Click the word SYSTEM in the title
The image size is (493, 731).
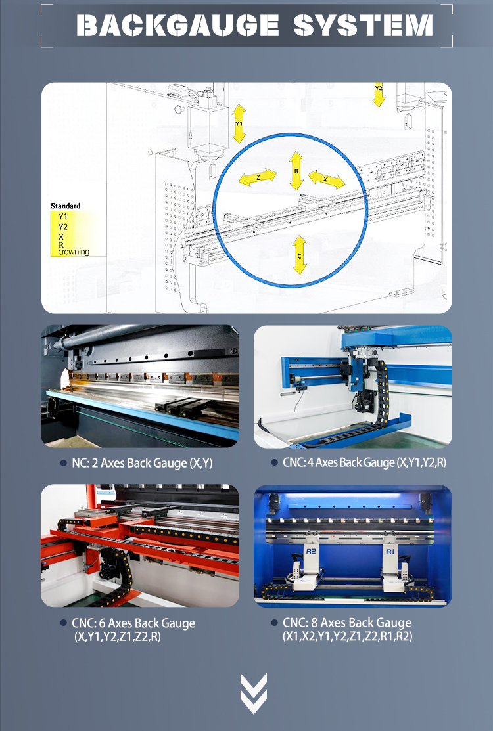click(x=363, y=26)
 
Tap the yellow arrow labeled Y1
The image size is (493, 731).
click(x=239, y=123)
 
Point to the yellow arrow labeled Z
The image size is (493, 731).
click(x=258, y=177)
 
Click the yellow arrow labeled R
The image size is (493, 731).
click(x=296, y=171)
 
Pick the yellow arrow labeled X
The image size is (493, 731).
click(x=327, y=179)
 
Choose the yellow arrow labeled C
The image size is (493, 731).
click(x=300, y=255)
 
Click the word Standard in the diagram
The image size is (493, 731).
click(x=66, y=206)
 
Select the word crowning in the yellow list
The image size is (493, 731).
click(x=74, y=252)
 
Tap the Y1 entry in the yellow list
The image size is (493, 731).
click(x=62, y=216)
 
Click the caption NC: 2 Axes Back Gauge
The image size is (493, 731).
click(x=142, y=464)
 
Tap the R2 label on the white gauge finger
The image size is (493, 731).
click(x=312, y=553)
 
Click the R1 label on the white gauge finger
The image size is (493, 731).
click(x=390, y=553)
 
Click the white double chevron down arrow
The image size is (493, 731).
click(x=254, y=693)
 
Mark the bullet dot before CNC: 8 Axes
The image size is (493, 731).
click(x=274, y=623)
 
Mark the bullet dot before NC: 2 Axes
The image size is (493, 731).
click(x=62, y=464)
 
